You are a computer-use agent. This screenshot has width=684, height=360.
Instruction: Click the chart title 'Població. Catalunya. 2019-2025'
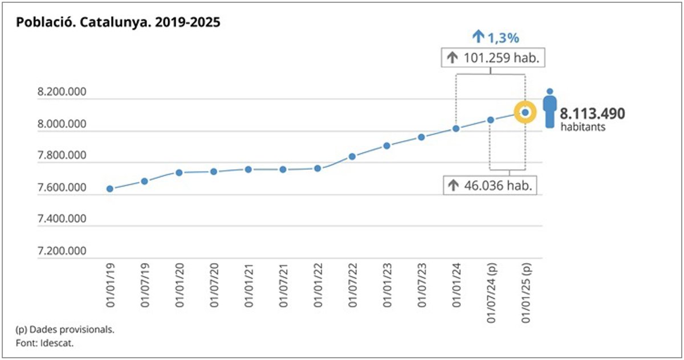click(x=118, y=23)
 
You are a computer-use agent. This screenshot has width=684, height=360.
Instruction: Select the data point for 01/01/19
click(x=110, y=189)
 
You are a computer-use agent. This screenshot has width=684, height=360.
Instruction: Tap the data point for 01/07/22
click(x=352, y=156)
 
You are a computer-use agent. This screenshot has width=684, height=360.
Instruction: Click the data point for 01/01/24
click(x=456, y=129)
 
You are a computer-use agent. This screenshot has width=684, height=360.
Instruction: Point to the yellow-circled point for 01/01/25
click(x=525, y=113)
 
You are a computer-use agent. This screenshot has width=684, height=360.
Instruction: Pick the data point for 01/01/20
click(x=179, y=173)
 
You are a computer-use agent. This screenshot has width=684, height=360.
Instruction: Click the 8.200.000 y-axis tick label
click(x=62, y=92)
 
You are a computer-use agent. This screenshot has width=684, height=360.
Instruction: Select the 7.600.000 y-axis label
click(x=62, y=188)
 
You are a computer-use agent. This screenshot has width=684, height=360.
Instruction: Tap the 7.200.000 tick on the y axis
click(x=62, y=251)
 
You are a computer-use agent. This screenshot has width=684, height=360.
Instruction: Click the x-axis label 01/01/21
click(x=249, y=287)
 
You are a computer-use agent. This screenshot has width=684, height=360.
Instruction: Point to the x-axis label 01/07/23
click(x=422, y=287)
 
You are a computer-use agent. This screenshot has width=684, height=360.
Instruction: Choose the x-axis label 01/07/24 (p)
click(x=491, y=293)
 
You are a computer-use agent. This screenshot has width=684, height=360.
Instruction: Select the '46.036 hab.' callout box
click(x=490, y=186)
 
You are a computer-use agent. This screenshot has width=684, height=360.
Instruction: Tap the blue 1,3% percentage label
click(x=495, y=38)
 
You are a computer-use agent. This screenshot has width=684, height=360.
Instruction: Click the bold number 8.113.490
click(x=592, y=113)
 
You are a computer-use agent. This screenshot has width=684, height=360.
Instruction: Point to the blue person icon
click(x=549, y=108)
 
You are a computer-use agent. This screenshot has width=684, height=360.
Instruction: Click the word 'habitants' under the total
click(x=583, y=127)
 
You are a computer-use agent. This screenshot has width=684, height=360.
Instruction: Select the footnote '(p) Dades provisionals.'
click(x=60, y=330)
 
